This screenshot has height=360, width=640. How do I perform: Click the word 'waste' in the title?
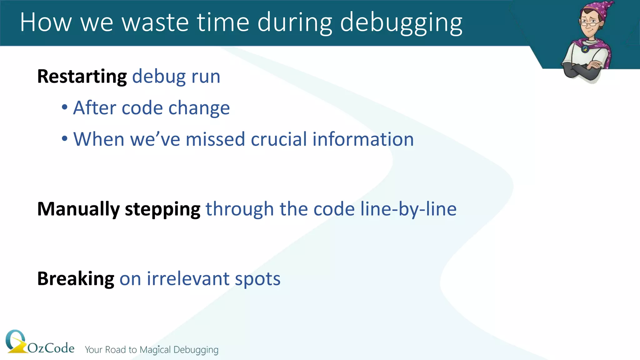[x=155, y=22]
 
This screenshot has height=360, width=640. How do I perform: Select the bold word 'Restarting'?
[x=82, y=77]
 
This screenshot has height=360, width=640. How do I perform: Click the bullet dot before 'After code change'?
[x=65, y=107]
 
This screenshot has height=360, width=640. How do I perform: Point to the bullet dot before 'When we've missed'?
[x=65, y=138]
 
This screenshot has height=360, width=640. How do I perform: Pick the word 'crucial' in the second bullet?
[x=278, y=139]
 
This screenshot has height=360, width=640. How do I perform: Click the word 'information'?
[x=363, y=139]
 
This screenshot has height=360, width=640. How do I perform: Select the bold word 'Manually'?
[x=78, y=209]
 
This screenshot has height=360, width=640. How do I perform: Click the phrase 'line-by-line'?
[x=408, y=209]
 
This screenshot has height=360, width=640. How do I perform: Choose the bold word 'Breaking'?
[x=76, y=279]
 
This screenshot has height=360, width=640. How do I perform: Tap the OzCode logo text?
[x=51, y=348]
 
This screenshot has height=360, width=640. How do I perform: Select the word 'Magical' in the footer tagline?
[x=155, y=350]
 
